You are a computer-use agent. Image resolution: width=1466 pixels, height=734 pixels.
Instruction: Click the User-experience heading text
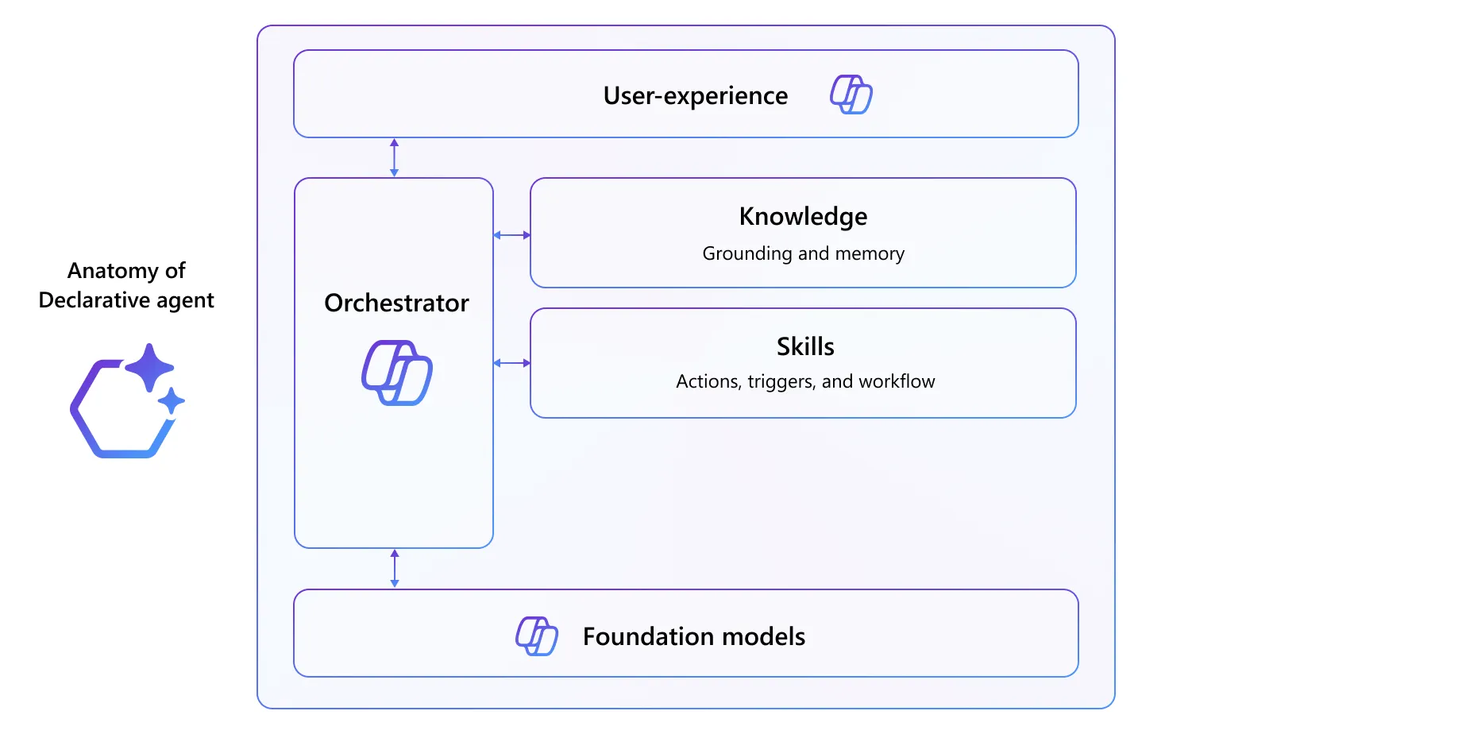[695, 96]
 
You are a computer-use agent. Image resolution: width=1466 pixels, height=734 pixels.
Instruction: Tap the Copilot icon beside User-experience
[851, 95]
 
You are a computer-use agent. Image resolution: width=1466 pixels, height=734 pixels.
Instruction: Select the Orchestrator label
[396, 303]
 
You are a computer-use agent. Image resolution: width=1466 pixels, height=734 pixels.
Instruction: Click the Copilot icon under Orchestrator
[397, 373]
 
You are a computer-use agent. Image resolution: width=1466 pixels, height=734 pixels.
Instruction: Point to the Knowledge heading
[803, 217]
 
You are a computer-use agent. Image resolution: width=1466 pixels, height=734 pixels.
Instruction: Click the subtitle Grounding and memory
[803, 253]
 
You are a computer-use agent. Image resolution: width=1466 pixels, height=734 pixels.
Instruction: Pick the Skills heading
[805, 347]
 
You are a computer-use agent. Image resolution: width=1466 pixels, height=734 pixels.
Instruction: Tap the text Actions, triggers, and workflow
[805, 381]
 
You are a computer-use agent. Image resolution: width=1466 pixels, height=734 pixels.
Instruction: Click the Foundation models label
[693, 636]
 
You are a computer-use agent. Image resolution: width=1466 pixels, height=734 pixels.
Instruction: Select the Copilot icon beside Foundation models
[537, 635]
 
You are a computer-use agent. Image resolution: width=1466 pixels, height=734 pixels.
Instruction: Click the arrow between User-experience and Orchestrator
[394, 157]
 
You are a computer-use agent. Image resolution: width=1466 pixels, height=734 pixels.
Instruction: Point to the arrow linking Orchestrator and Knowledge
[511, 235]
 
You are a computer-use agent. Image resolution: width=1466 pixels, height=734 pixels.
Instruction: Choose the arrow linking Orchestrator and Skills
[511, 363]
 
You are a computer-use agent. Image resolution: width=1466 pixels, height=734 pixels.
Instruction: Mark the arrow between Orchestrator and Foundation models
[395, 568]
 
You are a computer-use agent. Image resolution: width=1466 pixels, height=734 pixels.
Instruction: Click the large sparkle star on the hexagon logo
[149, 367]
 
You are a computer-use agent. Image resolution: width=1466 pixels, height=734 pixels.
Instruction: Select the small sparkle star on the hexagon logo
[171, 401]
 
